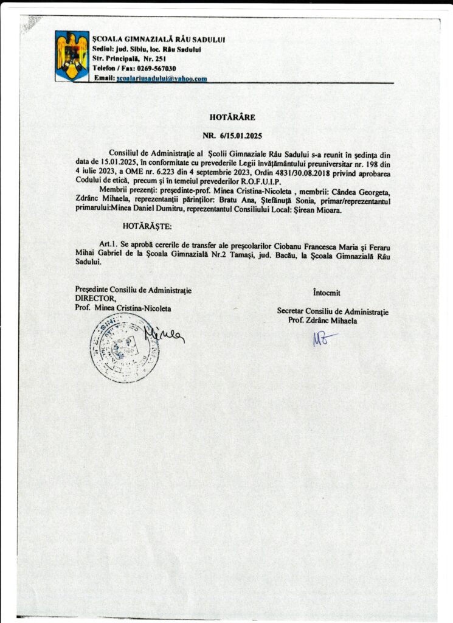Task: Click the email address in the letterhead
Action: click(161, 79)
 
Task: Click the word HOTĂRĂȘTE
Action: click(147, 226)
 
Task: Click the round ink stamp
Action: click(124, 347)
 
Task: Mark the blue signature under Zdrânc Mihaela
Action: click(323, 338)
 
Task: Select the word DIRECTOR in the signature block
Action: click(95, 299)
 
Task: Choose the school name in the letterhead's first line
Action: click(159, 39)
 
